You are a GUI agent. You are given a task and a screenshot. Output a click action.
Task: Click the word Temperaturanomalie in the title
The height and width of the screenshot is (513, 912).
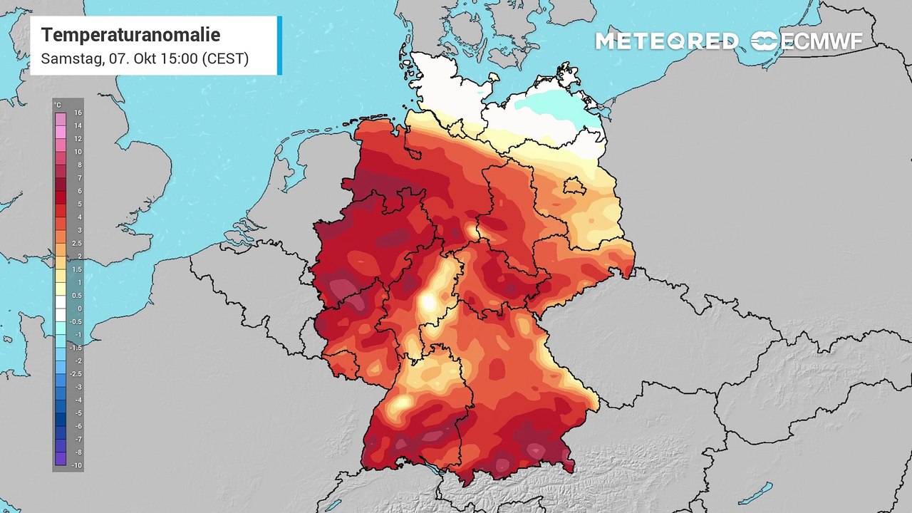tap(130, 35)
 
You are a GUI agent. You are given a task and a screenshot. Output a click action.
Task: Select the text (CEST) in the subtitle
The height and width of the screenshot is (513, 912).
tap(225, 58)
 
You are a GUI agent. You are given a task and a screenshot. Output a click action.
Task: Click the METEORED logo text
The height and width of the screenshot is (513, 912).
tap(666, 41)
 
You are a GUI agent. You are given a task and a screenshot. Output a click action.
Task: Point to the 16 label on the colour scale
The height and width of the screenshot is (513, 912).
tap(78, 113)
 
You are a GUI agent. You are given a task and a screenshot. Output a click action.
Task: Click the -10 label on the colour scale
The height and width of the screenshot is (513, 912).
tap(77, 465)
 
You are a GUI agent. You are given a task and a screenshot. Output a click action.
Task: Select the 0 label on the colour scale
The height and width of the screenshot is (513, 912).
tap(79, 309)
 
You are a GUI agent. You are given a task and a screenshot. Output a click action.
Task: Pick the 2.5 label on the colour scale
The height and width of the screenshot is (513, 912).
tap(78, 243)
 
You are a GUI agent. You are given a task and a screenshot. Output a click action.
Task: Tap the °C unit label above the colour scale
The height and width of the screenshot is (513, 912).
tap(58, 105)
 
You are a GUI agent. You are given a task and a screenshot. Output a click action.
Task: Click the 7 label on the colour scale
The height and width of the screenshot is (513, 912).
tap(79, 177)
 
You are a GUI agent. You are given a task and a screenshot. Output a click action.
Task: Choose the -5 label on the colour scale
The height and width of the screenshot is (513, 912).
tap(78, 413)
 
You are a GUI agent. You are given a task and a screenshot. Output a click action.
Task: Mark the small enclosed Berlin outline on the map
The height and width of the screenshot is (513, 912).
tap(574, 187)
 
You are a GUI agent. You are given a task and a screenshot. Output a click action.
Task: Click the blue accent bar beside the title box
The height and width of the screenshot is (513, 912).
tap(279, 45)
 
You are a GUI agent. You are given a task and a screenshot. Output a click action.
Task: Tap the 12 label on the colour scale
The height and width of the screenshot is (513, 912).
tap(78, 138)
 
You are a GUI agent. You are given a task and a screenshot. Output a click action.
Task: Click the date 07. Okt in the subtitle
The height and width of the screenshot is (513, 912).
tap(135, 58)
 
